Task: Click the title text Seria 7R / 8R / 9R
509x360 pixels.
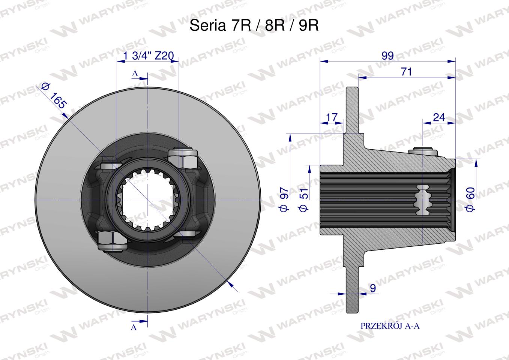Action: pos(254,25)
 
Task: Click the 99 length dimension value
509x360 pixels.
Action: pos(387,55)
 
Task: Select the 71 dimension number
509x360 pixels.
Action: pos(406,72)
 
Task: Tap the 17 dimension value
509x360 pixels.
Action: pos(332,118)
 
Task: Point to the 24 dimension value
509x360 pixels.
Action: pos(439,118)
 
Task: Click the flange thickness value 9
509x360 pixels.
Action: pos(373,288)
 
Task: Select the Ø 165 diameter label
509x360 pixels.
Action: pos(54,96)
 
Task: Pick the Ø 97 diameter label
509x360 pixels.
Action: pos(284,199)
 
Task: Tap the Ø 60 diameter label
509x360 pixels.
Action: pos(470,199)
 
